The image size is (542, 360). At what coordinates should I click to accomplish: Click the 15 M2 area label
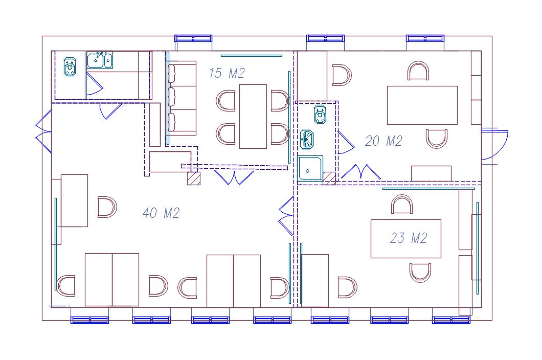227,73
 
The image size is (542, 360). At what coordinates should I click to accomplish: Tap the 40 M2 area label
161,213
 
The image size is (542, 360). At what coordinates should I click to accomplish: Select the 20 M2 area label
383,141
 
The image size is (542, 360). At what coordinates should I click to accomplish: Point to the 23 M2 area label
408,238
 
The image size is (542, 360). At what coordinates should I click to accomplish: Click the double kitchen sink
100,60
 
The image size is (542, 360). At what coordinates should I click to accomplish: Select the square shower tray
310,168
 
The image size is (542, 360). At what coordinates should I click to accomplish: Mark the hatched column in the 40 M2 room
193,178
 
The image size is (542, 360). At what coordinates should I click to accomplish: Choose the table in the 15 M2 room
253,116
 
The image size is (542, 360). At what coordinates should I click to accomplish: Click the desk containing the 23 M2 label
406,239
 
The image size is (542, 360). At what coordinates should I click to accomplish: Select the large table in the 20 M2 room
422,105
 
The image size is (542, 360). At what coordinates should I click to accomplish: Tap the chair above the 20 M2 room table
418,71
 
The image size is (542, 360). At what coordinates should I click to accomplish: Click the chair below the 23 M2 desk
421,273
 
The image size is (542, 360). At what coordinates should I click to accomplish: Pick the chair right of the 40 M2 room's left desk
107,207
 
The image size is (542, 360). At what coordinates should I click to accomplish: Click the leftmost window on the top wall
193,38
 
